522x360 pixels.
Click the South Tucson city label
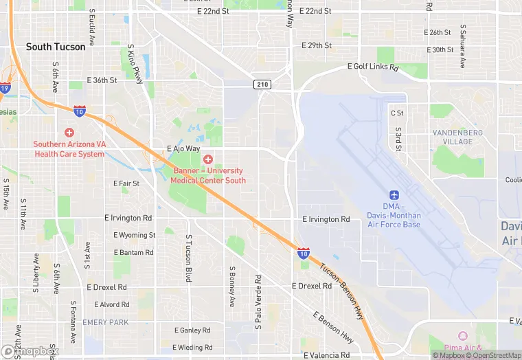click(x=56, y=47)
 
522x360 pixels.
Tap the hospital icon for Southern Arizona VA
click(x=69, y=132)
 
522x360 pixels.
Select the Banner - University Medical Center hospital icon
click(x=207, y=159)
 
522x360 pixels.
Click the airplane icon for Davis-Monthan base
click(x=394, y=196)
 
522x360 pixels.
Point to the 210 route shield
click(x=262, y=85)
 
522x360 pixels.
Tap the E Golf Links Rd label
click(x=372, y=67)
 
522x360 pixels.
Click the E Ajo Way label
click(x=183, y=148)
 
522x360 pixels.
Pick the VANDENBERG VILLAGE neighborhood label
click(x=457, y=137)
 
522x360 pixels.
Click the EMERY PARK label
click(x=105, y=322)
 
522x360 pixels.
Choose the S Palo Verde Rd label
click(x=258, y=302)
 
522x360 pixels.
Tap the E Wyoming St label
click(x=134, y=235)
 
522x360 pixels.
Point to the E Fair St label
click(x=126, y=183)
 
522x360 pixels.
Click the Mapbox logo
click(x=30, y=351)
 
